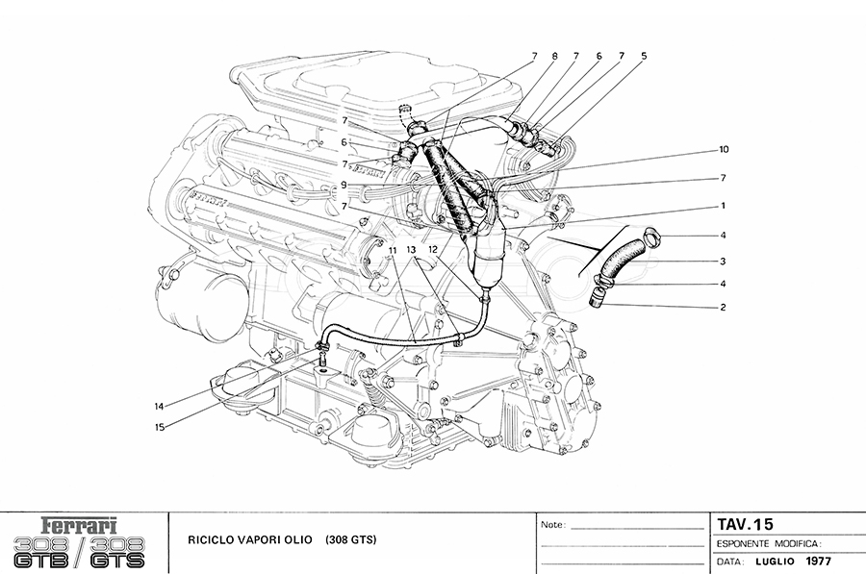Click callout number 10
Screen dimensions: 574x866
coord(725,150)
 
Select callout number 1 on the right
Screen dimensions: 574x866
coord(721,205)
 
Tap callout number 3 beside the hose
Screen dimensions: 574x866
coord(721,261)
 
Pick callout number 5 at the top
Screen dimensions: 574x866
coord(644,56)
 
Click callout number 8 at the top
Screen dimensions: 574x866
coord(554,56)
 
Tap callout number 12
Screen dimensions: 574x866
coord(433,248)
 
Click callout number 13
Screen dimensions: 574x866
coord(412,248)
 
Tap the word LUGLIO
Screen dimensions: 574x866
coord(775,561)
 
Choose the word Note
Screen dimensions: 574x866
coord(552,526)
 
